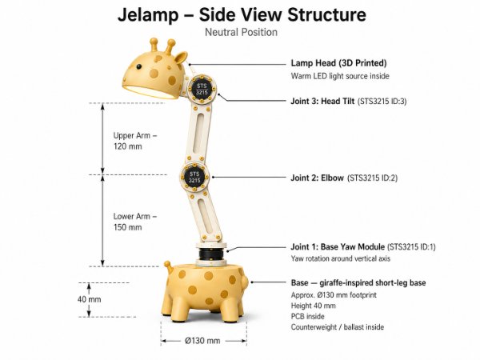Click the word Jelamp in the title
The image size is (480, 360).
coord(148,15)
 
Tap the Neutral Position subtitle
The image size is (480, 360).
coord(242,32)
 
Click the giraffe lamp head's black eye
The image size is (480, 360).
coord(139,66)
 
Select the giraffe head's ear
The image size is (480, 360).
coord(180,58)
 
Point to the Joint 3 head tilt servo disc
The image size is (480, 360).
coord(202,89)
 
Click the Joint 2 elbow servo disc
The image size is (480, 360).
coord(194,178)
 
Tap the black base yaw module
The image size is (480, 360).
coord(211,254)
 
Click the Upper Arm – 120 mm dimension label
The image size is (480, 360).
coord(134,141)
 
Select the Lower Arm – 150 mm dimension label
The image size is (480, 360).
coord(134,222)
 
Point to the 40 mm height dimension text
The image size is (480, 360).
coord(89,299)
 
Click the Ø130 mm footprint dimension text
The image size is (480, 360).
coord(202,341)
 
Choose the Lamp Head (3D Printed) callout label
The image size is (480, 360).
coord(338,63)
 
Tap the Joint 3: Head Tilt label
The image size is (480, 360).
coord(322,101)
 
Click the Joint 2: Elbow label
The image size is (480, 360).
coord(317,178)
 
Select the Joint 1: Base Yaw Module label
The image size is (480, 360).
coord(338,246)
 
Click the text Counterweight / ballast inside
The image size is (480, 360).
coord(338,327)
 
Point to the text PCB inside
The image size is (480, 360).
coord(308,316)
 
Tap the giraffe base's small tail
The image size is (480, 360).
coord(168,267)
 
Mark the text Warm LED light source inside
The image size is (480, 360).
coord(340,76)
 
